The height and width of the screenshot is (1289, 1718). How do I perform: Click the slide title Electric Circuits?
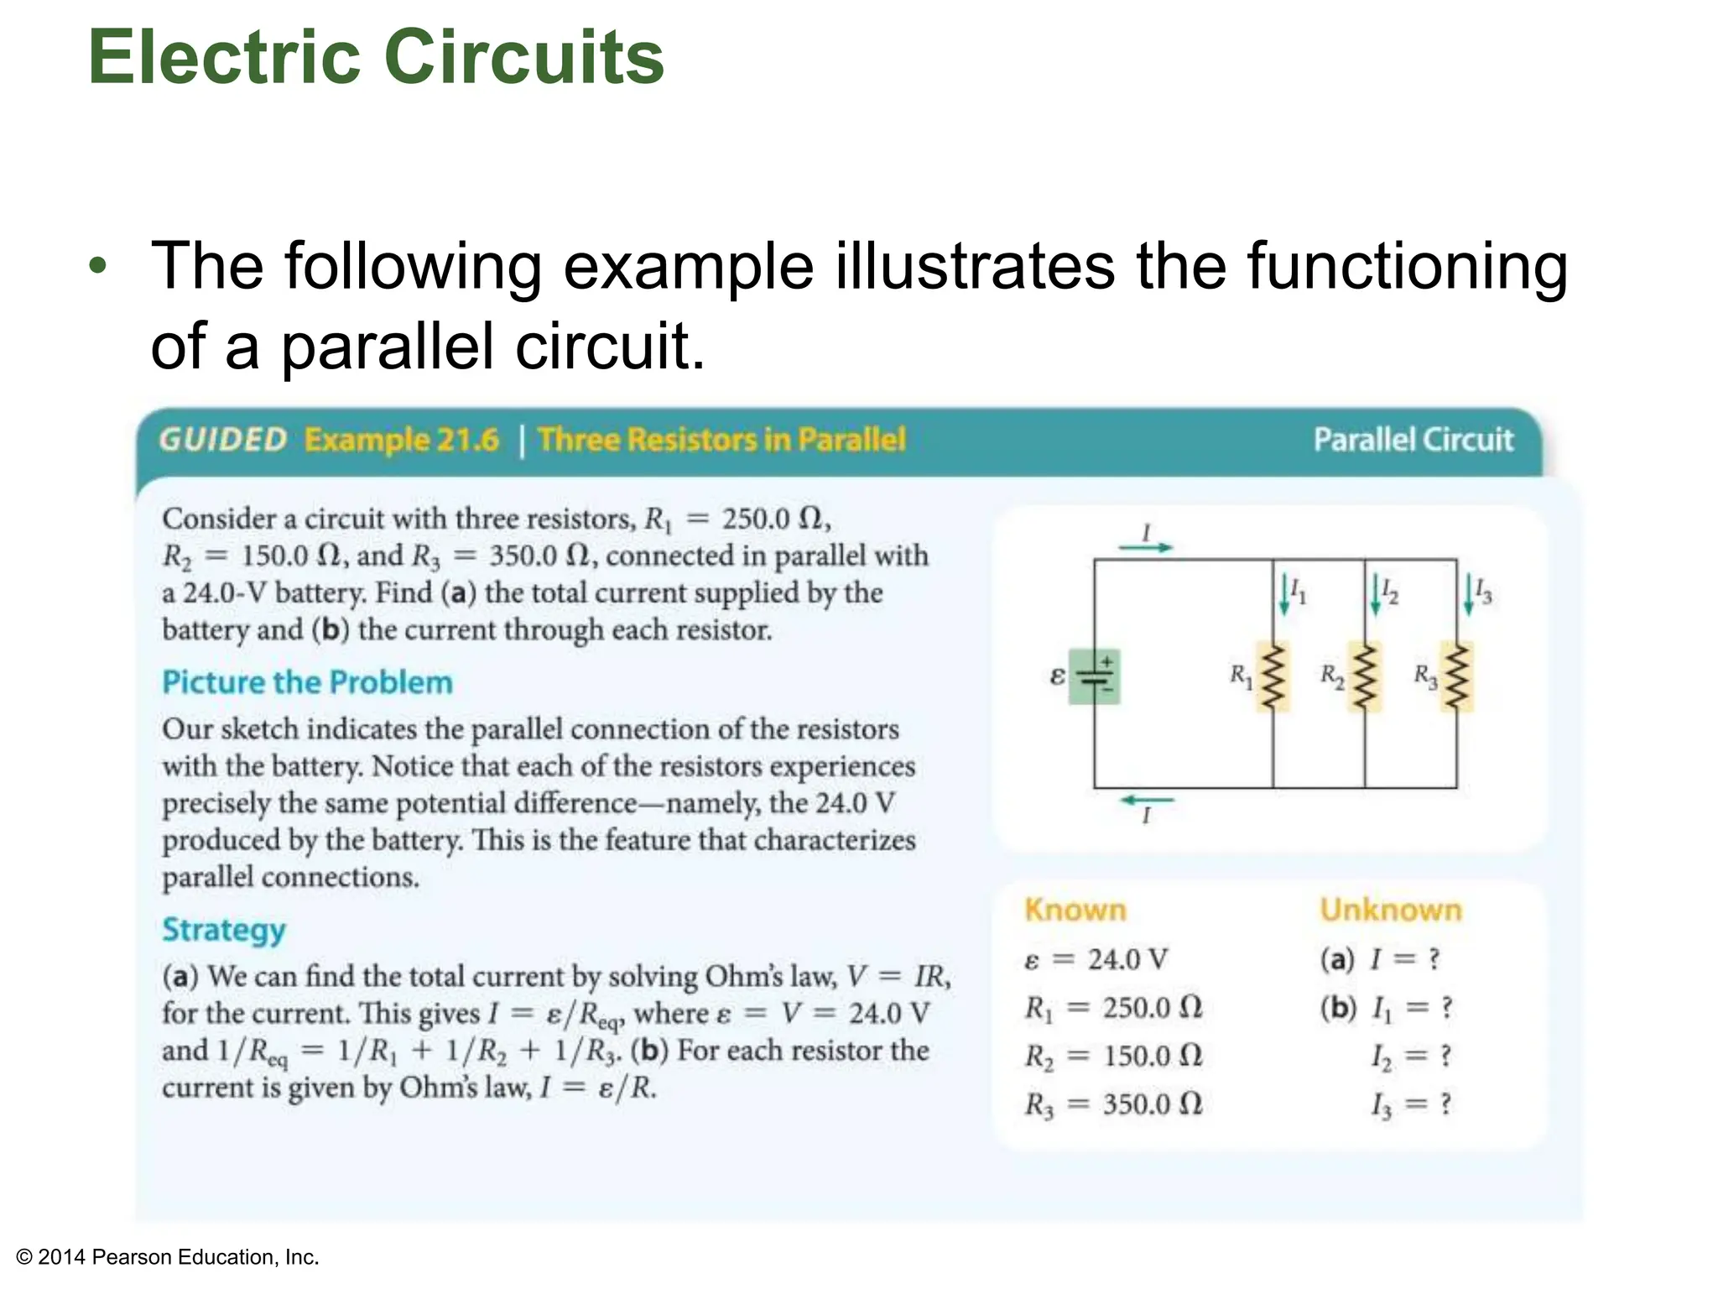[376, 57]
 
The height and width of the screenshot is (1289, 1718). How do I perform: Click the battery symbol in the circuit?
[1095, 676]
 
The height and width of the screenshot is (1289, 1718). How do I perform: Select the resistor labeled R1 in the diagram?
[1273, 677]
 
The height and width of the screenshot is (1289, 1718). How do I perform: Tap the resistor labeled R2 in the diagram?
[1365, 677]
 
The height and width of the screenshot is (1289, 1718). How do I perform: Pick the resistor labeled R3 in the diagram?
[1457, 677]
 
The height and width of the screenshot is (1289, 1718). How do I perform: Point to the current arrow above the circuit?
[1146, 547]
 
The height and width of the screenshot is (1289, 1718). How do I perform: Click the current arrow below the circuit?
[1146, 801]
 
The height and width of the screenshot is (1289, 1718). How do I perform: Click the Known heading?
[1075, 910]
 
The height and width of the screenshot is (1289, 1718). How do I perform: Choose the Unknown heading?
[1391, 910]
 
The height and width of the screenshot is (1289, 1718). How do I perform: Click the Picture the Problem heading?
[307, 682]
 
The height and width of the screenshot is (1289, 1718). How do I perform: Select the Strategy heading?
[224, 930]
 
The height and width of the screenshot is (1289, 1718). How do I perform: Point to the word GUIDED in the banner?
[223, 440]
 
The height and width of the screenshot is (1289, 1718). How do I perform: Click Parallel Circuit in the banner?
[1413, 440]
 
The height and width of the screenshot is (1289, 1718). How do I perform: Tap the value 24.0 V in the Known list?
[1127, 958]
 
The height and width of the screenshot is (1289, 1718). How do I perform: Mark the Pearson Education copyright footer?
[168, 1257]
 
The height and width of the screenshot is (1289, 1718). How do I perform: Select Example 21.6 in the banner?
[402, 440]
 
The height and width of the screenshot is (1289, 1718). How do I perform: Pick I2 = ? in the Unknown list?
[1411, 1056]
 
